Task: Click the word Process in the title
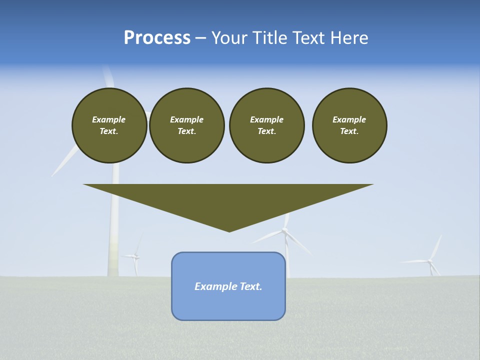tap(157, 38)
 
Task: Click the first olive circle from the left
tap(109, 125)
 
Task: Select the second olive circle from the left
tap(187, 125)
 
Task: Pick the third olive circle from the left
tap(267, 125)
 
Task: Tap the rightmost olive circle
tap(349, 125)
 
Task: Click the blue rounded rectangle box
tap(228, 300)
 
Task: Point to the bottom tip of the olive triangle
tap(229, 231)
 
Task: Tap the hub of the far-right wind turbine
tap(429, 260)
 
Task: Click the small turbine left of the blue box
tap(135, 256)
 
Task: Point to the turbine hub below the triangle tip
tap(284, 230)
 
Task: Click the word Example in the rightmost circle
tap(349, 119)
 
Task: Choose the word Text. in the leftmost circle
tap(109, 131)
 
